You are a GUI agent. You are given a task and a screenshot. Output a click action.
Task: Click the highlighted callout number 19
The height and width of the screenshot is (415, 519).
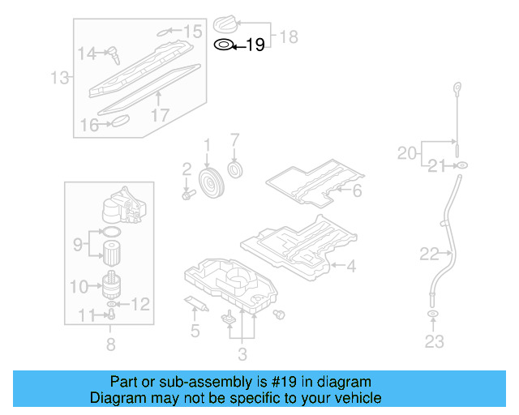click(255, 45)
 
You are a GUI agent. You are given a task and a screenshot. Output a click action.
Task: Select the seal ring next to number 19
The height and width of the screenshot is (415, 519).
click(223, 45)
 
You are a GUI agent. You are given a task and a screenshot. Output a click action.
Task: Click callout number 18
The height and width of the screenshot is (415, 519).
click(290, 36)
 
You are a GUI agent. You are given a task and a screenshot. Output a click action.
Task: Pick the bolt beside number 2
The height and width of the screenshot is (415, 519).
click(188, 195)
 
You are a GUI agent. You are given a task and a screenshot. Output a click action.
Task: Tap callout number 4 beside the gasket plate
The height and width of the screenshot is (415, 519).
click(351, 265)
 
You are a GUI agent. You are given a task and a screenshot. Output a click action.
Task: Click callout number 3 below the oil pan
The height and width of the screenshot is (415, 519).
click(242, 353)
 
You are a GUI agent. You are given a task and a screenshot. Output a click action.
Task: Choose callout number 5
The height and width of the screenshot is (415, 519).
click(195, 331)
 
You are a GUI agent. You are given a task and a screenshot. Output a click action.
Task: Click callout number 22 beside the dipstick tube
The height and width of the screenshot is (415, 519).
click(429, 254)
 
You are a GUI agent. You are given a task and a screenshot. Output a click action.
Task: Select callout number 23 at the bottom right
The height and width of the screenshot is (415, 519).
click(435, 341)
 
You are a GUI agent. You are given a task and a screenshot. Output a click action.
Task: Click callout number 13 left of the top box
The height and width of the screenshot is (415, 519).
click(58, 79)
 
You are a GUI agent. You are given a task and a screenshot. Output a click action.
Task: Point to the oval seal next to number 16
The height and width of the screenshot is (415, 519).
click(120, 122)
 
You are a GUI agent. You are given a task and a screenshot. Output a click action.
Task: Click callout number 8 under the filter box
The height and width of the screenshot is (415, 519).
click(110, 344)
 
